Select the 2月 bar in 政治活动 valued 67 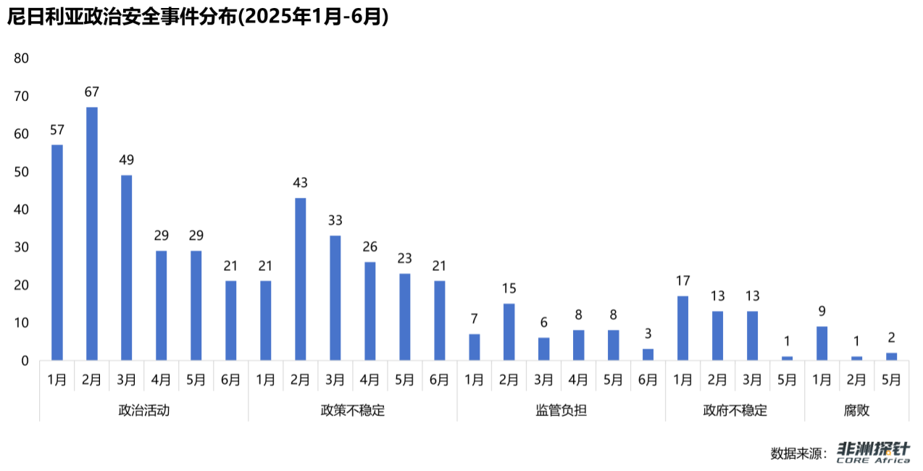tap(92, 233)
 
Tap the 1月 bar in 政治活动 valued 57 tap(57, 252)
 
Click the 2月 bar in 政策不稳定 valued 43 tap(301, 279)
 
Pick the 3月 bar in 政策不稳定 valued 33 tap(335, 298)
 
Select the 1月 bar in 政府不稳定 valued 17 tap(682, 328)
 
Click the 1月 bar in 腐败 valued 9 tap(822, 343)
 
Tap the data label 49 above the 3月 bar tap(127, 160)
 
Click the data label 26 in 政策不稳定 tap(370, 247)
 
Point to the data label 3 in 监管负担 tap(648, 334)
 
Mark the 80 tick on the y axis tap(21, 59)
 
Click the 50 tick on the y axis tap(21, 172)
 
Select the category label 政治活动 tap(144, 410)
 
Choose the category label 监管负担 tap(561, 410)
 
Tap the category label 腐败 tap(856, 410)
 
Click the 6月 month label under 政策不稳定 tap(439, 379)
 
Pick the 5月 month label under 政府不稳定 tap(787, 379)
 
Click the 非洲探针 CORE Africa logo tap(873, 452)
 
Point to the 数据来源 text tap(799, 454)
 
